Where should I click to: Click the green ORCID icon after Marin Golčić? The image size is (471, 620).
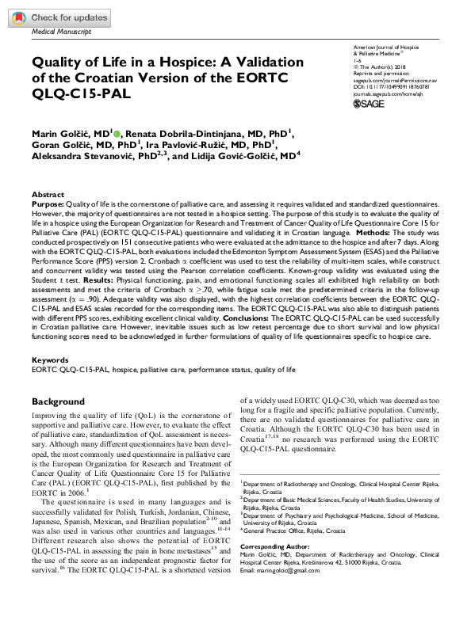(117, 132)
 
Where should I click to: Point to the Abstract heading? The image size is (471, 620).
(48, 194)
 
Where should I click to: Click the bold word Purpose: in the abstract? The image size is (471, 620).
(49, 204)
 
